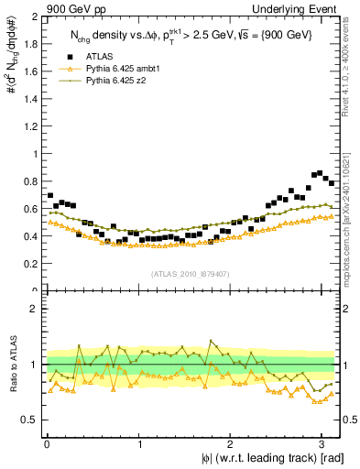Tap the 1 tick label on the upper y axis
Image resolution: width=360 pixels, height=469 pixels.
34,154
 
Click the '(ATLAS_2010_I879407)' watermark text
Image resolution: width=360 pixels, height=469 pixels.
191,273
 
